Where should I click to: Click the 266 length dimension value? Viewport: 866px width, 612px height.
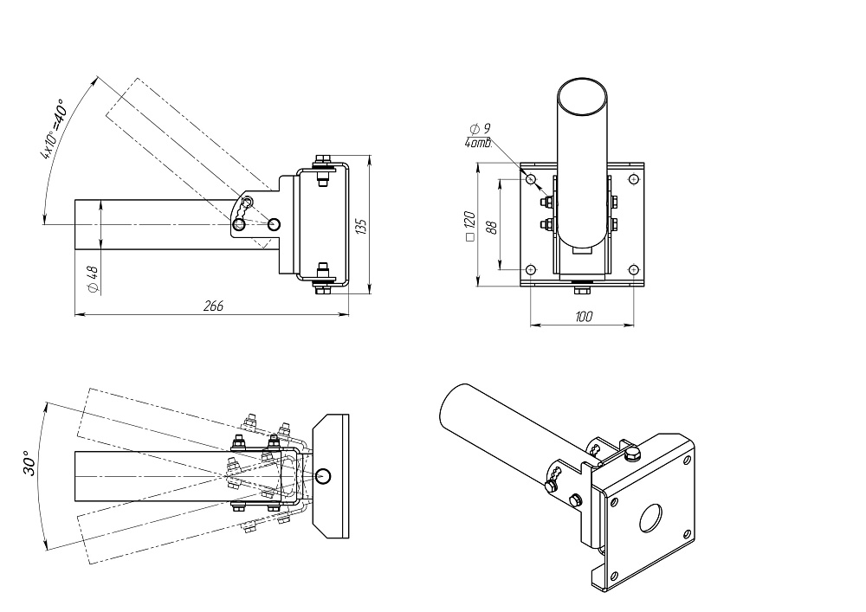(x=213, y=306)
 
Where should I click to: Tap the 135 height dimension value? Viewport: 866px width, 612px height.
(x=361, y=226)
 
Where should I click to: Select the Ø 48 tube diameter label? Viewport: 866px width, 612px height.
(x=93, y=280)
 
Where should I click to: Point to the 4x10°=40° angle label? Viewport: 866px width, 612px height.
(x=54, y=129)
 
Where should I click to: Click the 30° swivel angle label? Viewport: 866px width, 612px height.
(x=29, y=462)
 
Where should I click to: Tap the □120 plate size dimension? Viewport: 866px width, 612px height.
(x=470, y=226)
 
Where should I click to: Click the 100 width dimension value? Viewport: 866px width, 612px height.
(x=584, y=317)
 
